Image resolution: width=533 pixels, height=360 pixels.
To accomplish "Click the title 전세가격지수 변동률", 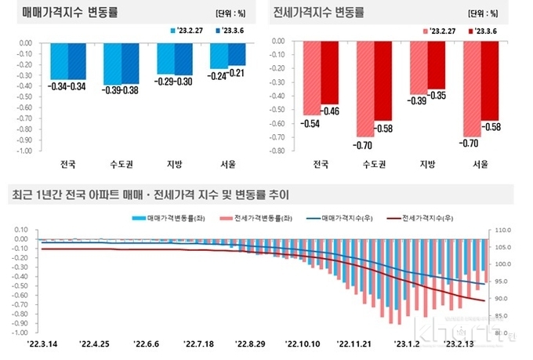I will point(320,14).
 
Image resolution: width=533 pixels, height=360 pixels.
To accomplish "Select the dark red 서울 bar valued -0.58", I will point(489,78).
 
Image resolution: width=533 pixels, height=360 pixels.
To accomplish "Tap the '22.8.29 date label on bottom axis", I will point(252,343).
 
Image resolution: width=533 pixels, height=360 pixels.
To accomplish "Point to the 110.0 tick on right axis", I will point(501,230).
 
